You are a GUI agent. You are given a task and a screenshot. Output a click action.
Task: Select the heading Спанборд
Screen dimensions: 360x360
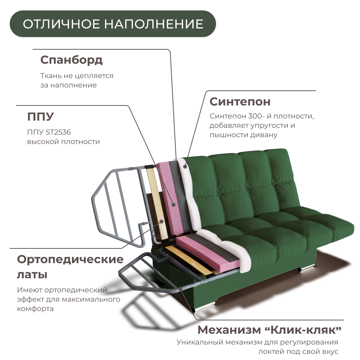click(x=71, y=60)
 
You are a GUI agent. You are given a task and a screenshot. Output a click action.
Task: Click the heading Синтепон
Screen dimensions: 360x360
click(x=240, y=102)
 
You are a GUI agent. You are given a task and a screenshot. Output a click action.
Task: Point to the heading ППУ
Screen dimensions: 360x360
click(x=40, y=117)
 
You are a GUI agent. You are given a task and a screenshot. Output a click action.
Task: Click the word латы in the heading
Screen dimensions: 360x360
click(x=32, y=275)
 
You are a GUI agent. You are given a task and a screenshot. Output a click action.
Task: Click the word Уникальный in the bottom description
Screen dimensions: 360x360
click(x=199, y=342)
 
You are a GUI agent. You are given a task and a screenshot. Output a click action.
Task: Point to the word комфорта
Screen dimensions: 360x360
click(x=35, y=309)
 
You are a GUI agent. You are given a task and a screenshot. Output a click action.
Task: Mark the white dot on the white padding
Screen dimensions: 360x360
click(x=185, y=166)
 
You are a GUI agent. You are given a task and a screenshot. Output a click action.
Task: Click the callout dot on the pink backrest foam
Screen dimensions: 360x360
click(x=174, y=204)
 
